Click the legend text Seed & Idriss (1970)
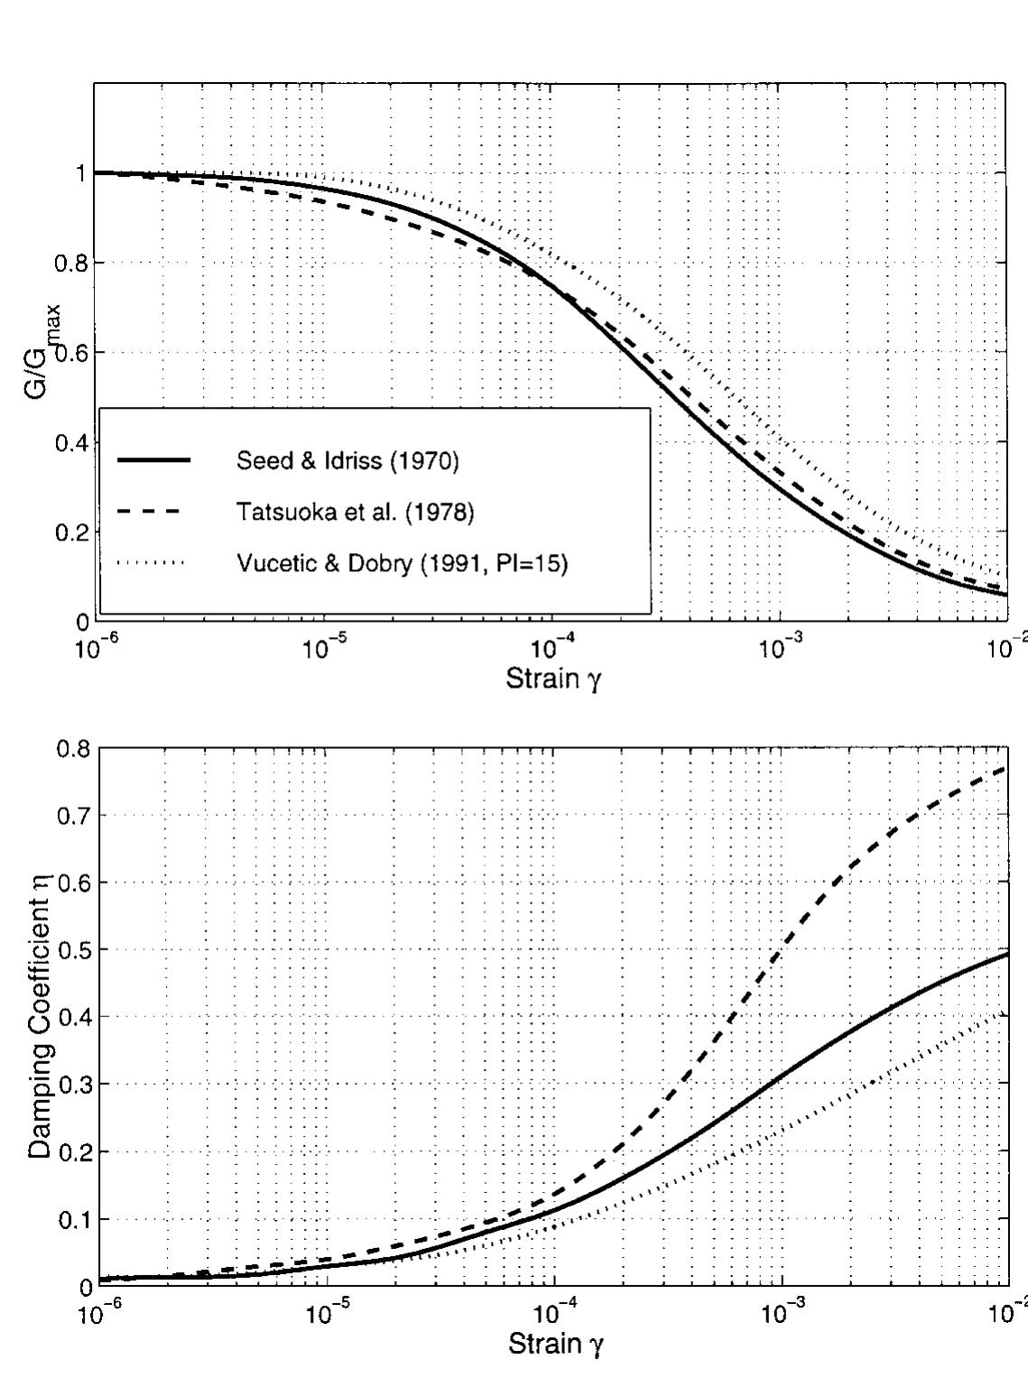click(347, 461)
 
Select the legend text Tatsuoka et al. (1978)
click(355, 513)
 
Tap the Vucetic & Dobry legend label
click(402, 565)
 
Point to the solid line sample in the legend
click(153, 461)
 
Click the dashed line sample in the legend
click(150, 513)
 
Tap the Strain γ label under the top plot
click(553, 679)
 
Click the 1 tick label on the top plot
click(81, 173)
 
